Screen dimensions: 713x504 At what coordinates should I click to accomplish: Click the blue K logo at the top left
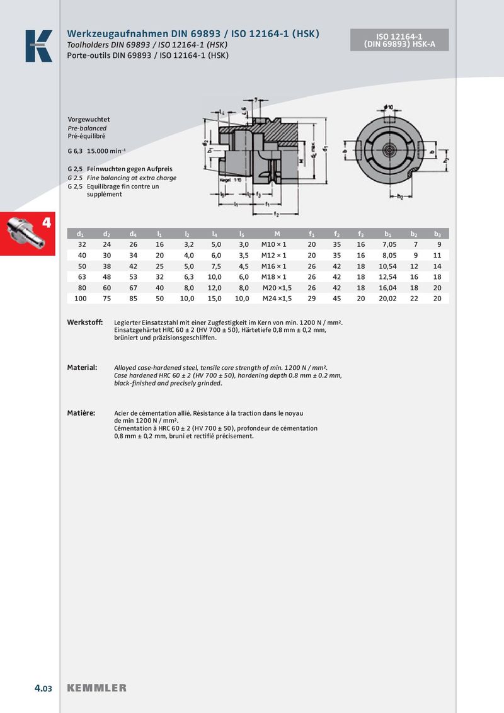[x=38, y=46]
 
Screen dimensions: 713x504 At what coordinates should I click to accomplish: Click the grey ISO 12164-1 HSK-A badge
[x=399, y=40]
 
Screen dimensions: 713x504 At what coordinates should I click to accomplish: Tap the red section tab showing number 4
[x=28, y=234]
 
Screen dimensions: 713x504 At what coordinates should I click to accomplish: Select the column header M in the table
[x=277, y=234]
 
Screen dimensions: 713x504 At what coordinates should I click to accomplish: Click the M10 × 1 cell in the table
[x=274, y=244]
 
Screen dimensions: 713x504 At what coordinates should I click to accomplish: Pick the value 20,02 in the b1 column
[x=388, y=299]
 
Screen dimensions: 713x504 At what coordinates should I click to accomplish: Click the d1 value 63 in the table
[x=82, y=277]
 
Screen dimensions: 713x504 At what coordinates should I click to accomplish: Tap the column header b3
[x=438, y=234]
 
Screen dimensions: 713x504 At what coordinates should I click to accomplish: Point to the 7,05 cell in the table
[x=388, y=244]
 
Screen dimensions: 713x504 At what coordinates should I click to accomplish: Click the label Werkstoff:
[x=84, y=322]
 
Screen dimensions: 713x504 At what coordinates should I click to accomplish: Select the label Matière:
[x=81, y=413]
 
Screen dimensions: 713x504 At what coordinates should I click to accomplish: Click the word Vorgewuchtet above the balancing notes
[x=89, y=119]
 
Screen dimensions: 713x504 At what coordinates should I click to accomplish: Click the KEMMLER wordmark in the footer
[x=96, y=688]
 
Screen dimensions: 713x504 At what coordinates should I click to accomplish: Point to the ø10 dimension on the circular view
[x=388, y=107]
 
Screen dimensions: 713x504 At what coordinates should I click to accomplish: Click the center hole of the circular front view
[x=389, y=151]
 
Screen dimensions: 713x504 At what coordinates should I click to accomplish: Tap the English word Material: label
[x=82, y=367]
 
